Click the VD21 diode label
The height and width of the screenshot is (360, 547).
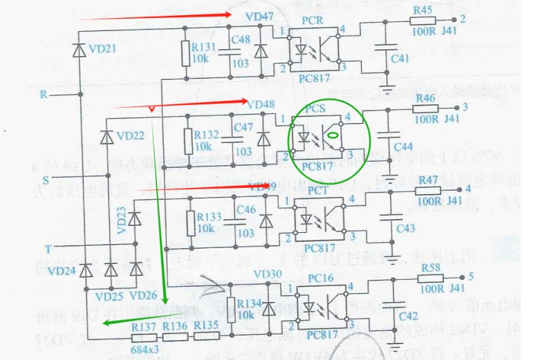(x=102, y=48)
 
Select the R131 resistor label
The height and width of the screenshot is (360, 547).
(x=205, y=46)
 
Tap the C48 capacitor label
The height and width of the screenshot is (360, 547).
(x=240, y=40)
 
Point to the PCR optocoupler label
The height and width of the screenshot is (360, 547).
(x=313, y=21)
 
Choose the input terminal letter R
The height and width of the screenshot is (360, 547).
(x=44, y=95)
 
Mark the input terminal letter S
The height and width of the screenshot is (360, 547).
(x=46, y=179)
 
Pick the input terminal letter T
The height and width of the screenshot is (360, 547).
(x=47, y=247)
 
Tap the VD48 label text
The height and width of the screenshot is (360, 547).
(x=260, y=104)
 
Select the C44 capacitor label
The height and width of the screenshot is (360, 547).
(x=403, y=147)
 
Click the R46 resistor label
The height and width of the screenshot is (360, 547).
(x=425, y=98)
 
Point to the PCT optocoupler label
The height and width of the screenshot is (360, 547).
(x=318, y=190)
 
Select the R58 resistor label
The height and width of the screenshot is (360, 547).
(x=429, y=268)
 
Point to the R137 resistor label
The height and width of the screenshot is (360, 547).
(x=145, y=325)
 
